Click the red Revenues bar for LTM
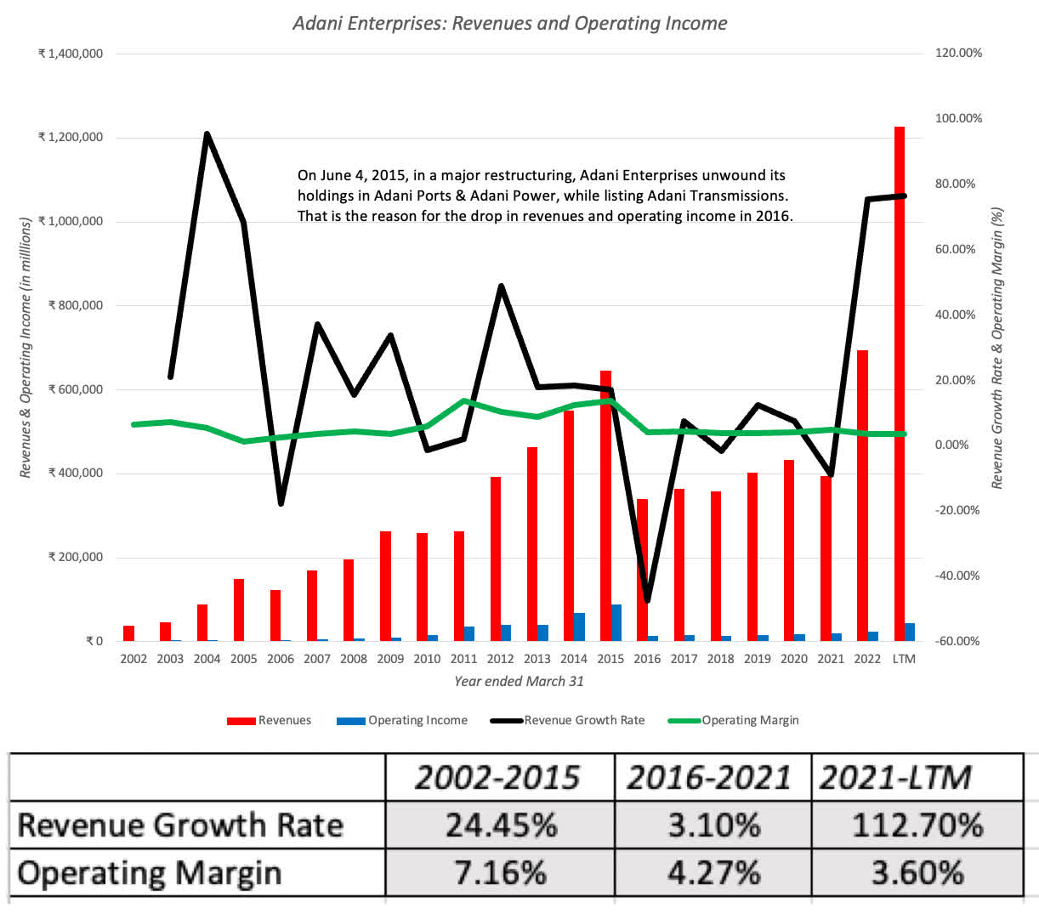click(x=899, y=383)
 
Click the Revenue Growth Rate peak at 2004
click(x=207, y=133)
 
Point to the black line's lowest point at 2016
click(x=647, y=600)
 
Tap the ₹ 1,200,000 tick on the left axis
click(x=71, y=137)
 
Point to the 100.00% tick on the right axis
click(x=958, y=118)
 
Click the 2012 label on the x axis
click(x=500, y=659)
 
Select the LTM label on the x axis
click(x=904, y=659)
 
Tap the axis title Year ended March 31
click(x=519, y=681)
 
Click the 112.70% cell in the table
click(x=917, y=825)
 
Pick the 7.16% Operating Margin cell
click(x=500, y=873)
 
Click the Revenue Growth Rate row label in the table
click(x=180, y=825)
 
